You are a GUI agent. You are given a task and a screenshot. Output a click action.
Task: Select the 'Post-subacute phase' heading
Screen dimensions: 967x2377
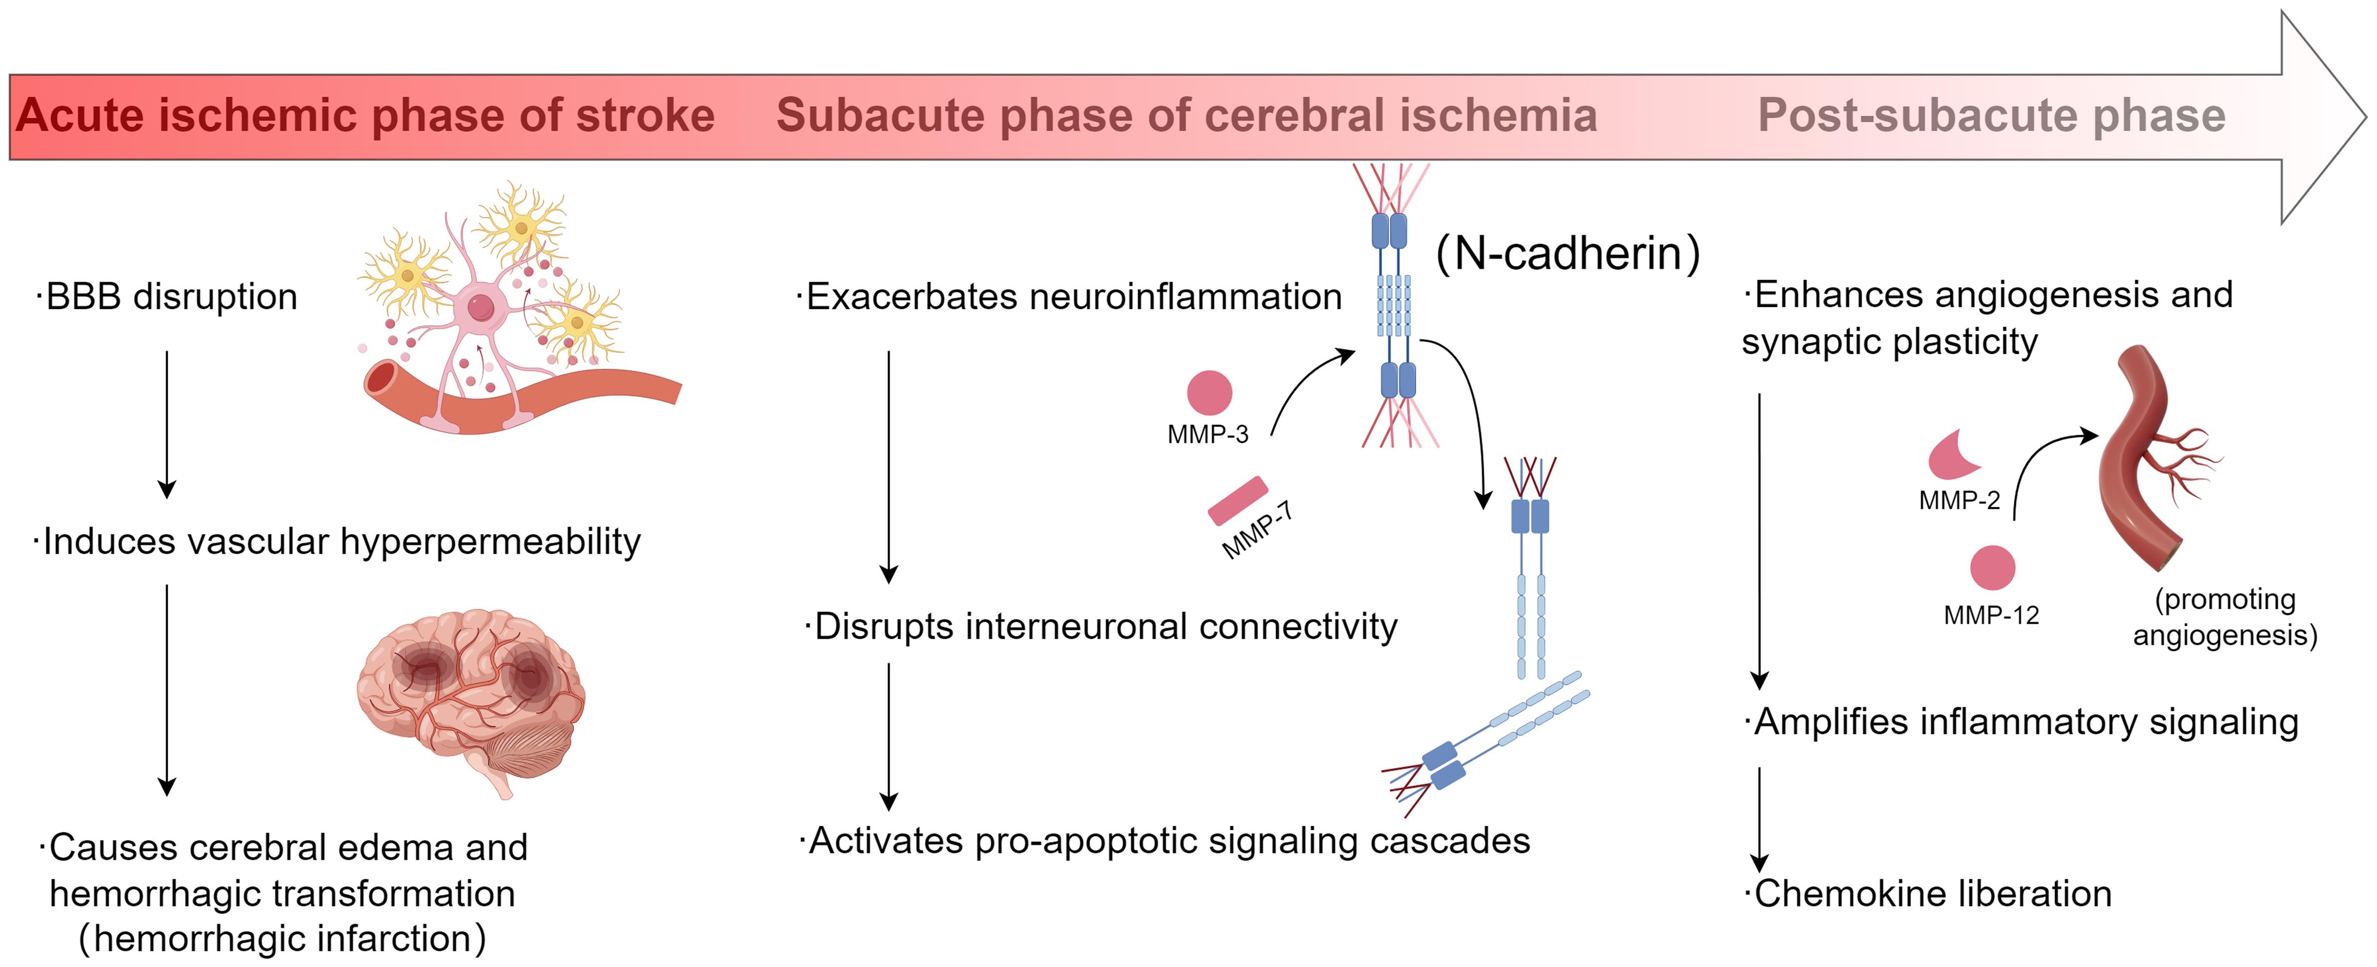[x=1991, y=116]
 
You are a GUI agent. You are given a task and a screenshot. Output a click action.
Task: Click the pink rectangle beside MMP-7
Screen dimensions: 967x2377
[x=1237, y=501]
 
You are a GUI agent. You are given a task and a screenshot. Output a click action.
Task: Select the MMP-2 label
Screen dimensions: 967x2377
[x=1959, y=500]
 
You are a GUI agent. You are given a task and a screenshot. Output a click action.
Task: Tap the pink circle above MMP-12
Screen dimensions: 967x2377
[x=1992, y=567]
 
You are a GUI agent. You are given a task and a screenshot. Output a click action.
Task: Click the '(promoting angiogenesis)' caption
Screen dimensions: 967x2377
[x=2225, y=617]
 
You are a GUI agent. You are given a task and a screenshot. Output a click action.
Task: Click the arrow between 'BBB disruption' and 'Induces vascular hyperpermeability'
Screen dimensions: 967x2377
[x=167, y=424]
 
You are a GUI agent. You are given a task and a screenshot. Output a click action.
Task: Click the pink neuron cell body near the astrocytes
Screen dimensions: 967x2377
[x=480, y=307]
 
